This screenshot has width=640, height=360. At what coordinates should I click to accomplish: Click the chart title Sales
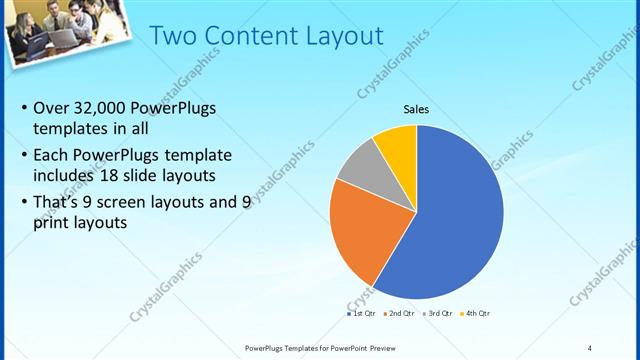point(416,109)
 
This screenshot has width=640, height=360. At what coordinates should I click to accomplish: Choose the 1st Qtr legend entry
point(362,314)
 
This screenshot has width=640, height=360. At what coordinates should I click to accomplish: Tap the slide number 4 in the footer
point(590,347)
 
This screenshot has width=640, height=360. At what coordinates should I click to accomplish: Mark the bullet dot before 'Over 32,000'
point(22,109)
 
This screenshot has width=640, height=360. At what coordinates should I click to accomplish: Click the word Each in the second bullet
point(52,157)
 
